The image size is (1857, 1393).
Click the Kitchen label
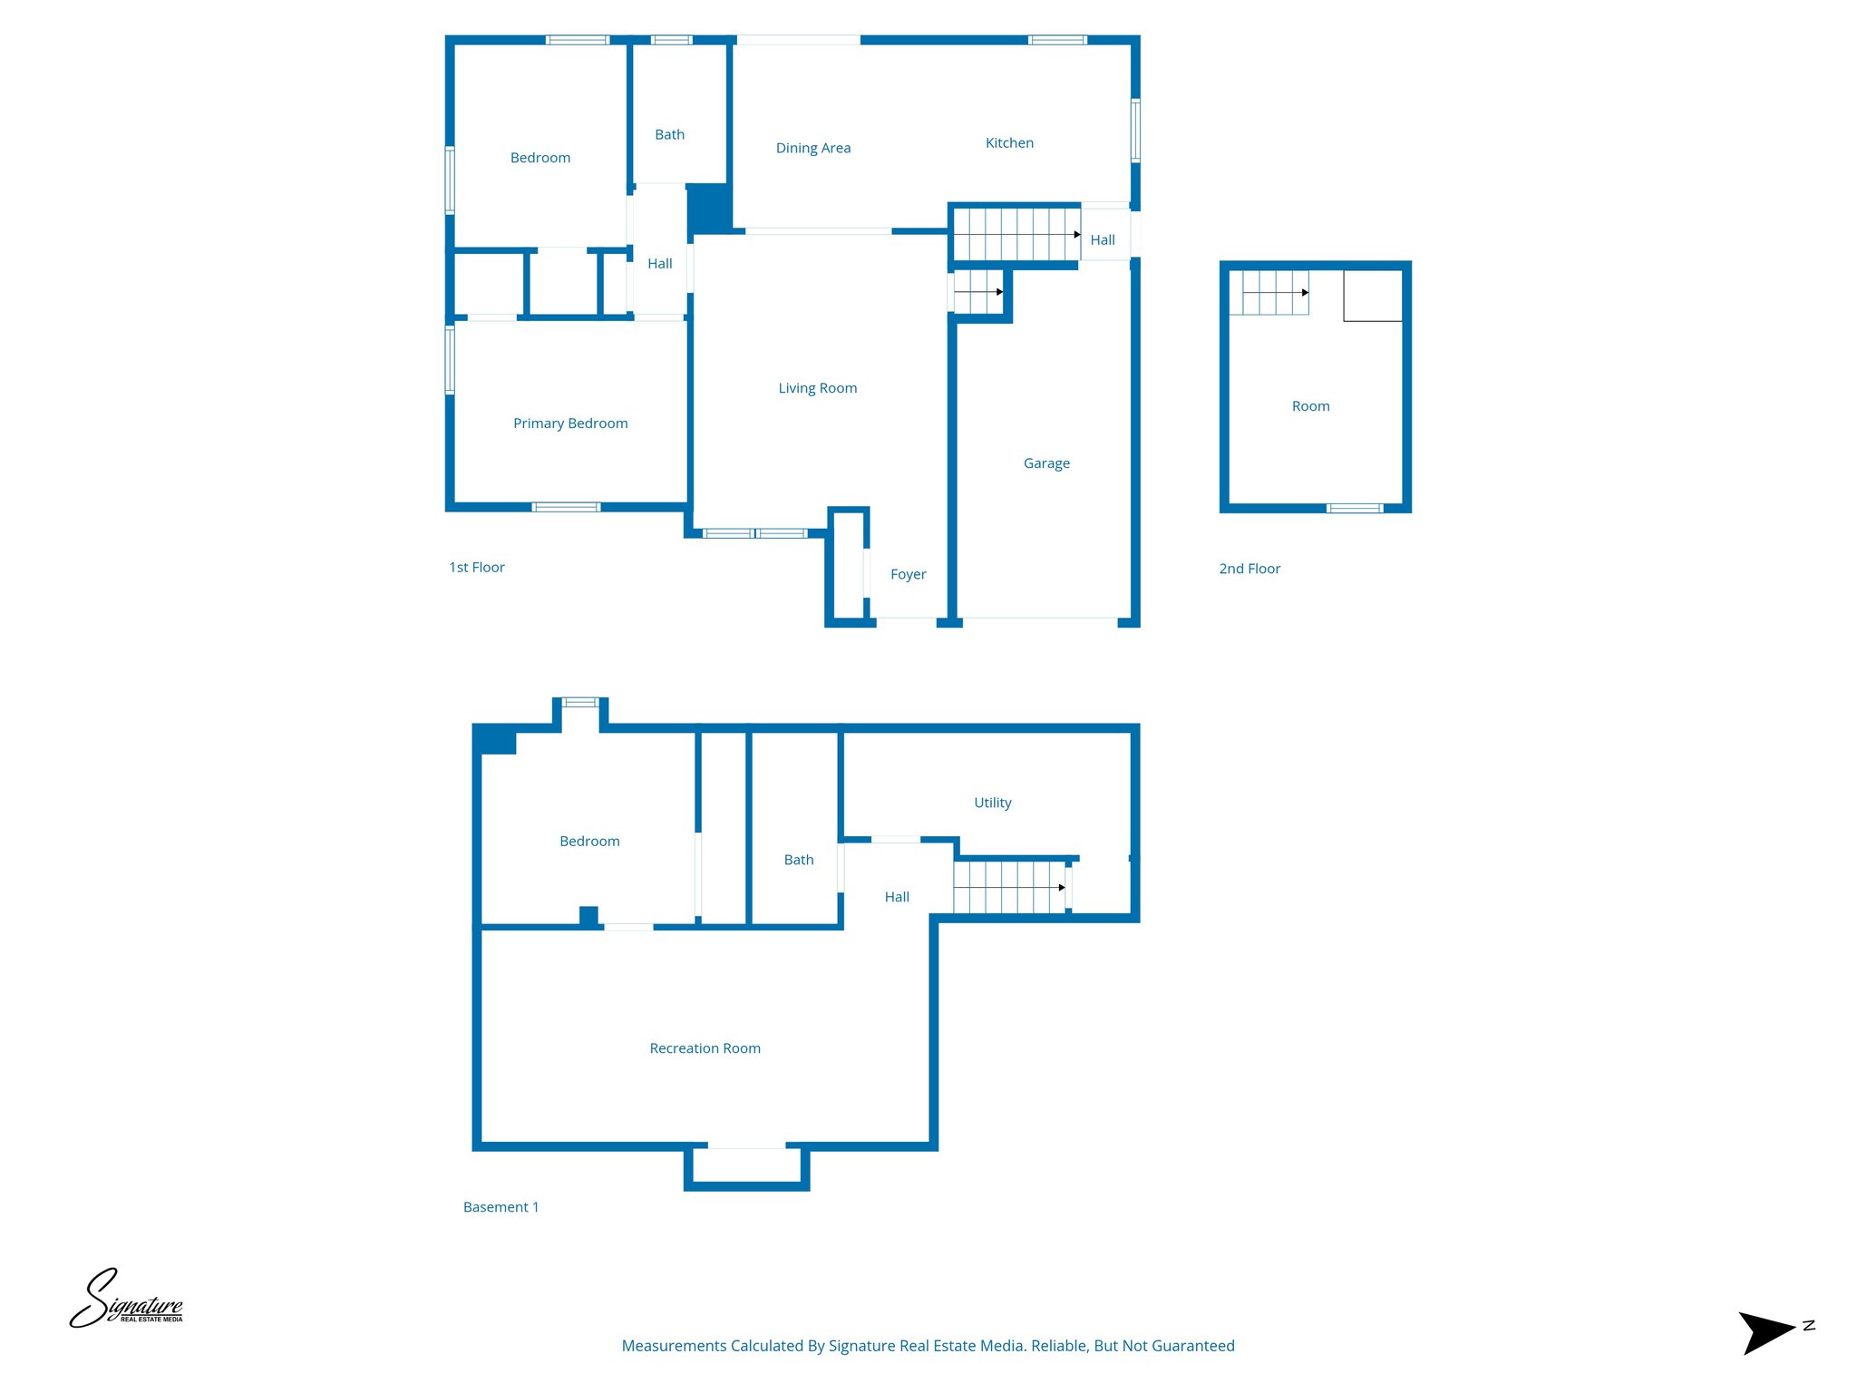tap(1009, 143)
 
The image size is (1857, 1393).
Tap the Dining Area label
tap(813, 148)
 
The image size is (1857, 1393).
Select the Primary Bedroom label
tap(570, 424)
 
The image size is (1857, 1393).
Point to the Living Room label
tap(817, 388)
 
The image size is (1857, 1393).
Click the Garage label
tap(1046, 463)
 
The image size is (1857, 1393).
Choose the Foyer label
tap(908, 574)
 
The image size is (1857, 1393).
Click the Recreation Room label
tap(705, 1048)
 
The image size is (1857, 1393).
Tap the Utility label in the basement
tap(992, 803)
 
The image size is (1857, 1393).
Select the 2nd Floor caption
tap(1249, 569)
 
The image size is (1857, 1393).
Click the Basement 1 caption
tap(501, 1207)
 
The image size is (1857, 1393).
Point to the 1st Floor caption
tap(476, 568)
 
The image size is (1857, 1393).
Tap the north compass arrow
tap(1768, 1331)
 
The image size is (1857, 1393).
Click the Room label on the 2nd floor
tap(1310, 406)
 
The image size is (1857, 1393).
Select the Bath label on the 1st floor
tap(669, 135)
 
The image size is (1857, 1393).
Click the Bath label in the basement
tap(798, 860)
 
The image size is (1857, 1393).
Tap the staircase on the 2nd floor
tap(1269, 293)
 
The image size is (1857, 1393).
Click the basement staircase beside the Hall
tap(1008, 887)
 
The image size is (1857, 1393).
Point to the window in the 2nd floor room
tap(1354, 508)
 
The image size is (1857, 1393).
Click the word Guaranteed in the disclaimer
tap(1191, 1346)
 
